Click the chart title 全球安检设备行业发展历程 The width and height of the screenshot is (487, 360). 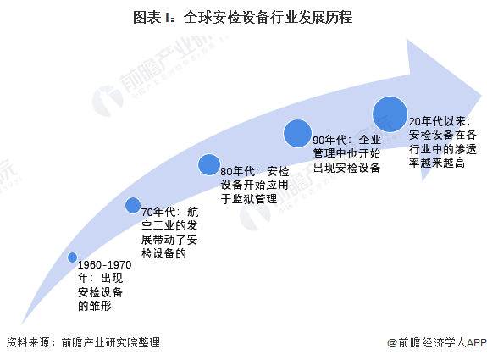coord(268,17)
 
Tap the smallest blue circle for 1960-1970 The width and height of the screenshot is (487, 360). coord(72,258)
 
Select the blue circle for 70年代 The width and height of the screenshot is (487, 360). coord(133,205)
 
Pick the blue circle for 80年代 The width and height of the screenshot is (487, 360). coord(209,164)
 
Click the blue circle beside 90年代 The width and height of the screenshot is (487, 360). coord(297,133)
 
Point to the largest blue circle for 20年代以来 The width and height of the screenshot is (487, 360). coord(390,114)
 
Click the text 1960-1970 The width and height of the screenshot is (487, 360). coord(105,265)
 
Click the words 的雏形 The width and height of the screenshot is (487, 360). coord(95,307)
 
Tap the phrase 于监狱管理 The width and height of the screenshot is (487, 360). coord(249,199)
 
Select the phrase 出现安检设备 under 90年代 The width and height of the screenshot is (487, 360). coord(346,168)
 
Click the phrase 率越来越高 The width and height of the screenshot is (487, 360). coord(437,163)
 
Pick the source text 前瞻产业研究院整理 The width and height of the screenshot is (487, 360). coord(111,342)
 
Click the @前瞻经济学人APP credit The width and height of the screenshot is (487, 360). coord(437,342)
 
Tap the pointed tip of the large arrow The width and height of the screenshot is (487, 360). coord(481,95)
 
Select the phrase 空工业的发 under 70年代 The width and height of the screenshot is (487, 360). coord(169,226)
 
